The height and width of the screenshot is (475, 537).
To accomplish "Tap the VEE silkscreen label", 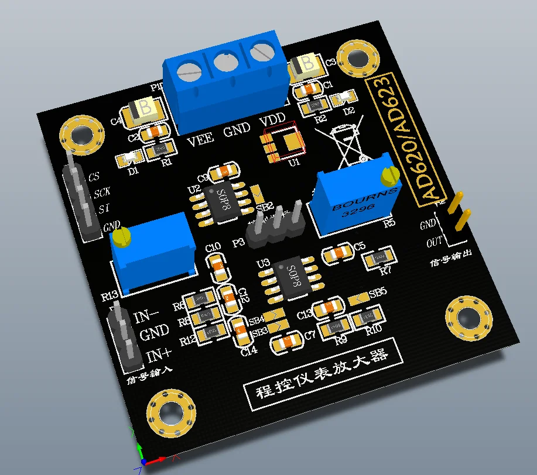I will pyautogui.click(x=200, y=141).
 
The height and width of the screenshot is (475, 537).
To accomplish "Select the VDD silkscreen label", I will pyautogui.click(x=272, y=119).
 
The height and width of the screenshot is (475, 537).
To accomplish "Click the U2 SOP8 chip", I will pyautogui.click(x=224, y=203).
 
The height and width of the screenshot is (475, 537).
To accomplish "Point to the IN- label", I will pyautogui.click(x=146, y=317).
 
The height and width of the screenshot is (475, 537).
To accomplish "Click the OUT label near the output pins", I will pyautogui.click(x=435, y=242).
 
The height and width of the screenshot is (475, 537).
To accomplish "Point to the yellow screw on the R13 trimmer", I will pyautogui.click(x=121, y=237).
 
